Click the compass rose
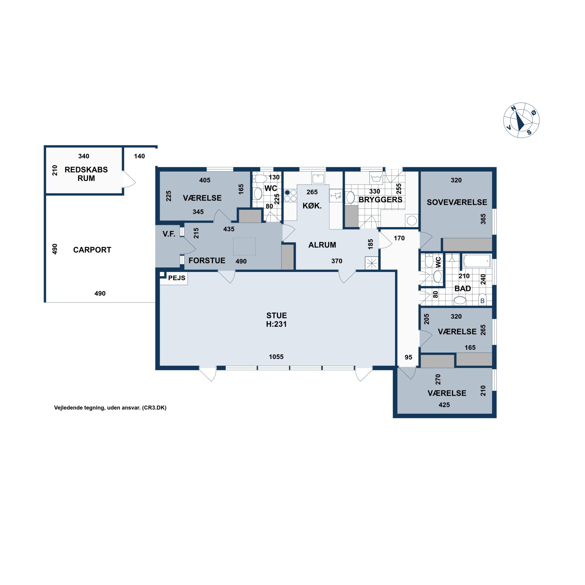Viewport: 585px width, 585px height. point(521,120)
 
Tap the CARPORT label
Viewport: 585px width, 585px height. point(92,250)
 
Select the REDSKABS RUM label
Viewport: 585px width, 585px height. point(86,174)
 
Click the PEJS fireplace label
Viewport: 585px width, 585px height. point(176,278)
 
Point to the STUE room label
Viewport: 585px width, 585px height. point(277,315)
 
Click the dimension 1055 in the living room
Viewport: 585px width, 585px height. point(276,357)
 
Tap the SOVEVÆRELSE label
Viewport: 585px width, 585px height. point(457,202)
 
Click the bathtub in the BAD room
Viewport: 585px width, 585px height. point(477,261)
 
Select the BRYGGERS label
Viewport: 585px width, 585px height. point(380,200)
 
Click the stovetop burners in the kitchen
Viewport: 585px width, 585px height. point(290,196)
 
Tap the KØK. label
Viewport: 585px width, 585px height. point(312,206)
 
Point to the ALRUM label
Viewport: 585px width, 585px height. point(322,245)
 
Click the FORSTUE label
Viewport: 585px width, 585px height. point(207,261)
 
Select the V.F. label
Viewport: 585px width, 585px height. point(169,234)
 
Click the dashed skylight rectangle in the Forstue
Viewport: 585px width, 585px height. point(244,247)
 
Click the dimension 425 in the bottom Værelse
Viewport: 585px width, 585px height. point(444,405)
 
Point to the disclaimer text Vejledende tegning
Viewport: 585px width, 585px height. point(110,408)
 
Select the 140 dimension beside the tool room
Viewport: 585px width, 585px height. point(139,156)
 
